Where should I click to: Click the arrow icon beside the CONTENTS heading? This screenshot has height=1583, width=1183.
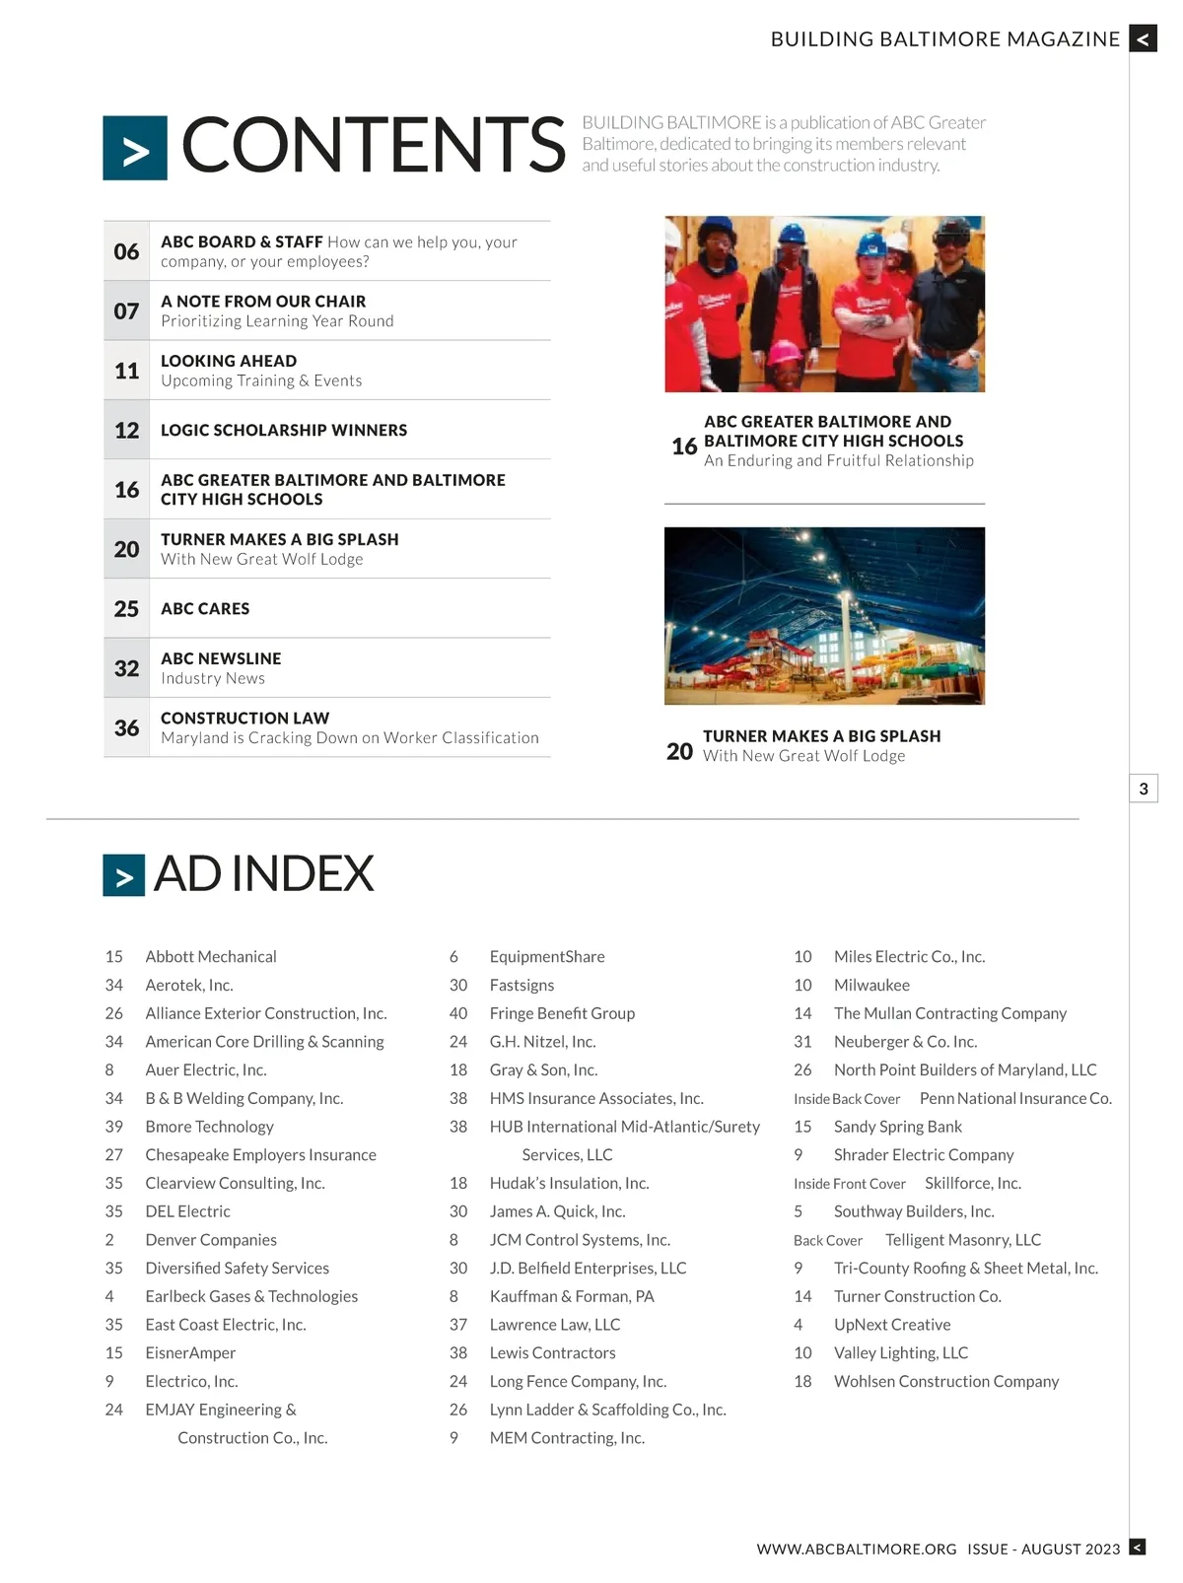click(135, 149)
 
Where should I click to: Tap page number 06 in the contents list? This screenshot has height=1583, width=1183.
click(126, 251)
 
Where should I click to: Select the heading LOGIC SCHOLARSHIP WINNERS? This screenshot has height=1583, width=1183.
click(284, 430)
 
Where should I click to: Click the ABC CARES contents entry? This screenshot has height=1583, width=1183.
click(205, 608)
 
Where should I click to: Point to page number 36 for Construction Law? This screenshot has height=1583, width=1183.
click(126, 727)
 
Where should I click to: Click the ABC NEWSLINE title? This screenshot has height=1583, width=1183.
click(221, 658)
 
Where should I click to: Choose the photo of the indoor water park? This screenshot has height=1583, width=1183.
click(824, 616)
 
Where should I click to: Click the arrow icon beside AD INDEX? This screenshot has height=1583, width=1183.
click(124, 875)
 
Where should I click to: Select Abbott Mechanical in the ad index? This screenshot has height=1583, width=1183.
click(211, 956)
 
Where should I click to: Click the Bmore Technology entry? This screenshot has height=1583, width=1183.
click(209, 1127)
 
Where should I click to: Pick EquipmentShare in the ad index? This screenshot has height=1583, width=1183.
click(547, 956)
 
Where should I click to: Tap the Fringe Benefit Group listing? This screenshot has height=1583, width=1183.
click(562, 1013)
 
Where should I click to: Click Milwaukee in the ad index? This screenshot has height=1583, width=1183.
click(871, 985)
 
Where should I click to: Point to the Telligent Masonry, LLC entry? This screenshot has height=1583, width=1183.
click(962, 1240)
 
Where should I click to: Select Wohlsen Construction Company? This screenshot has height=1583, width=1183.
click(946, 1382)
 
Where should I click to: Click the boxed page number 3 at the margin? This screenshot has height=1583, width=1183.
click(1144, 789)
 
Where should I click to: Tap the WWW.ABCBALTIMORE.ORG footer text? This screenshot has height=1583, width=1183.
click(857, 1549)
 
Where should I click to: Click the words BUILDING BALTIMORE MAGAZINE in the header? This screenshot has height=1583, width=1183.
click(945, 39)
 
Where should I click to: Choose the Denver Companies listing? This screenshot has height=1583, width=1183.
click(211, 1240)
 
